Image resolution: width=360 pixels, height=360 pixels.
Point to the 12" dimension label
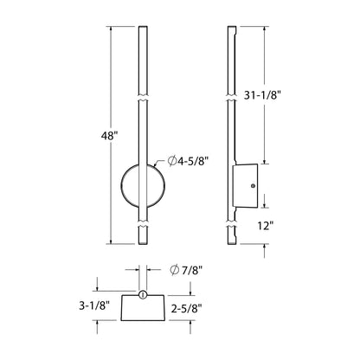pos(265,227)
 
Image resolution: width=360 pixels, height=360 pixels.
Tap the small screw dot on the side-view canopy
pos(251,184)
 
